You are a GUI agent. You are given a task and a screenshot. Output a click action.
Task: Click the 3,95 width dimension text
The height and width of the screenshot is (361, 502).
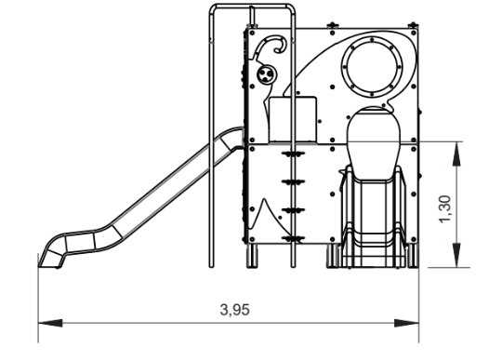coord(234,310)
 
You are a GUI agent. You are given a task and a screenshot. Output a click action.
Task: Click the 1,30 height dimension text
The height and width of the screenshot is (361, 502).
coord(445,209)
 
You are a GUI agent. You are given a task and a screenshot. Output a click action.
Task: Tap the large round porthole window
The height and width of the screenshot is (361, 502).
coord(372,67)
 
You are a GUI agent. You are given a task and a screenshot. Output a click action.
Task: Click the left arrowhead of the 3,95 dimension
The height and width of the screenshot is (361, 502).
coord(50,323)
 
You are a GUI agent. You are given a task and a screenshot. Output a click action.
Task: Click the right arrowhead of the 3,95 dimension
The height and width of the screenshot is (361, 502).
coord(406,323)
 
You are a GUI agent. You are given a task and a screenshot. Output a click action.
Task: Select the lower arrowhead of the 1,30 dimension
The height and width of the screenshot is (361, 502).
coord(456,255)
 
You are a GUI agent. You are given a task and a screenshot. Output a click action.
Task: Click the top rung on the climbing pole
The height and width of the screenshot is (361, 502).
coord(293,154)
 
